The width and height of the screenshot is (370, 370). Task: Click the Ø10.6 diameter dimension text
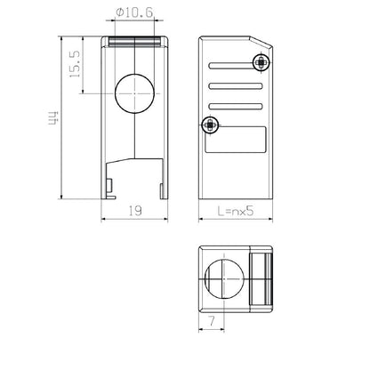(133, 12)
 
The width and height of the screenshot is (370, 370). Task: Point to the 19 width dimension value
(135, 211)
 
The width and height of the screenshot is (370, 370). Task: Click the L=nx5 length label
(237, 212)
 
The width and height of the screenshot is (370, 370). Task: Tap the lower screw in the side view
(211, 125)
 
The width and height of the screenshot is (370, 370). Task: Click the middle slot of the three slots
(236, 87)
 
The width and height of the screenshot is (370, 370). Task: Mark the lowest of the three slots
(236, 107)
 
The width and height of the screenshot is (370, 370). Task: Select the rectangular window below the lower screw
(236, 140)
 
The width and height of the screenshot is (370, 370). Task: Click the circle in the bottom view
(224, 279)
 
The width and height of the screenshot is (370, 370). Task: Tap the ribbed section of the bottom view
(261, 279)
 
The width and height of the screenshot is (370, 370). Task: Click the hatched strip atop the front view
(135, 41)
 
